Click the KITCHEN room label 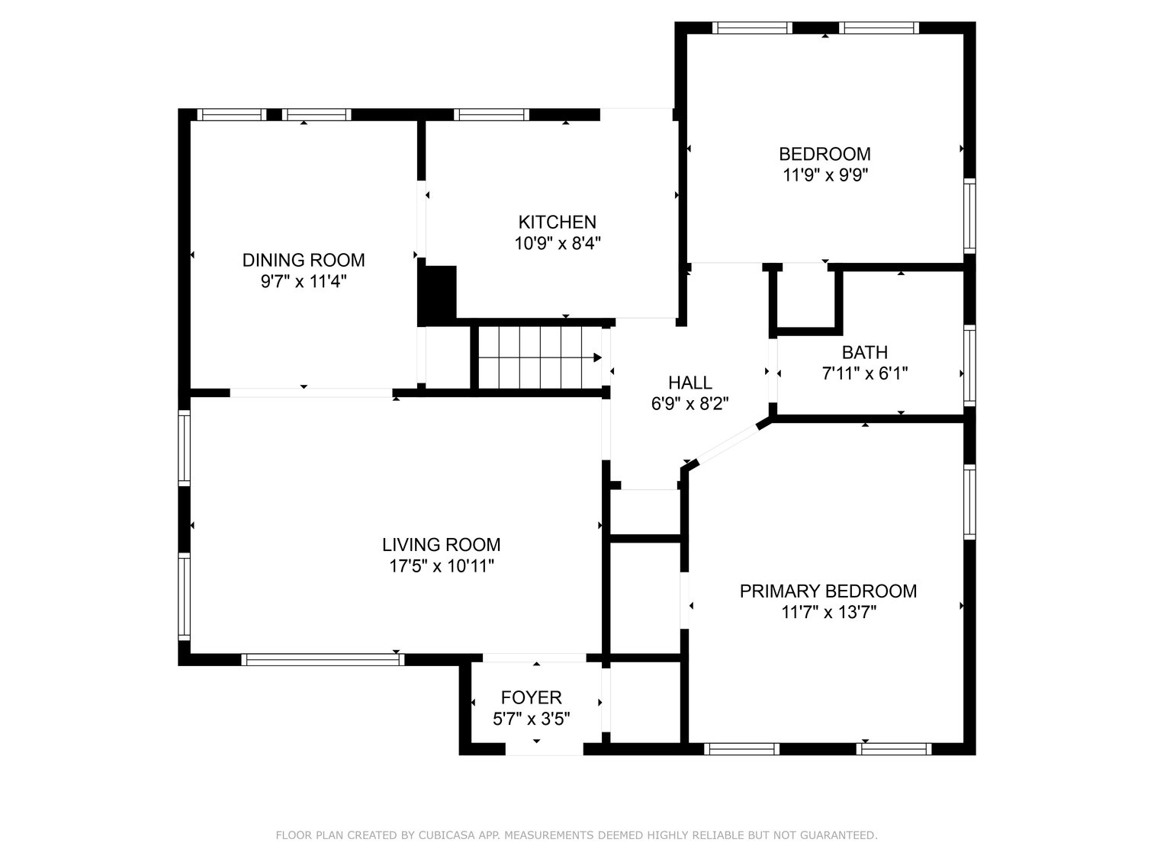pos(557,222)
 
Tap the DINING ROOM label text pos(304,260)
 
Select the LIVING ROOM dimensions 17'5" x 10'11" pos(441,566)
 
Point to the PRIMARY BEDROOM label pos(828,591)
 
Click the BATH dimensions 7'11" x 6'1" pos(864,373)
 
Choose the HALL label pos(690,383)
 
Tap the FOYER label pos(531,697)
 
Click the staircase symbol pos(539,357)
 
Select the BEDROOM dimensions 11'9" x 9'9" pos(825,175)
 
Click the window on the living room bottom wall pos(323,659)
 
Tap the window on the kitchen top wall pos(491,115)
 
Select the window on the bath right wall pos(969,364)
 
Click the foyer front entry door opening pos(544,751)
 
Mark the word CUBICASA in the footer pos(445,835)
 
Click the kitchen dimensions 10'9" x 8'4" pos(557,243)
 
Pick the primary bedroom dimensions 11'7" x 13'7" pos(828,612)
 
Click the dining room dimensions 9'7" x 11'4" pos(304,281)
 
